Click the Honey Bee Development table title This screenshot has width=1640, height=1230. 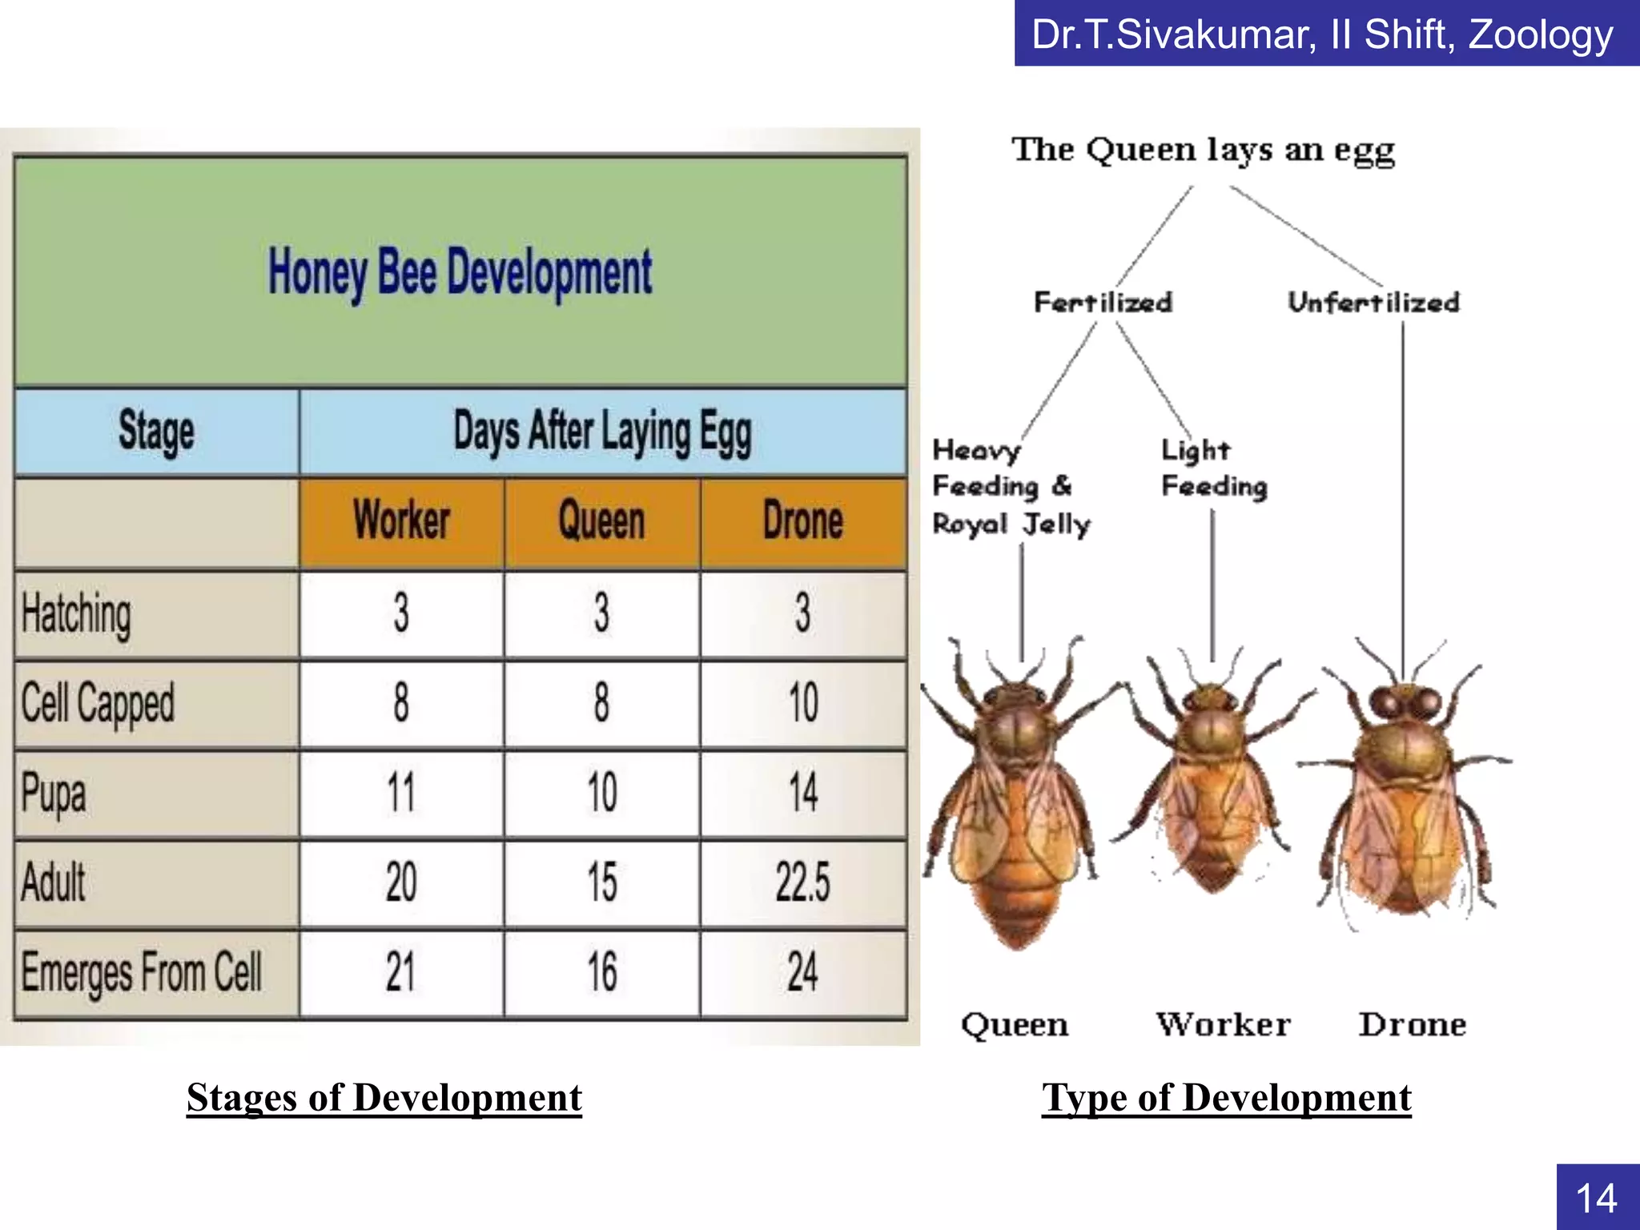point(460,272)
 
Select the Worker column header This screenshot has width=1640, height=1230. point(401,521)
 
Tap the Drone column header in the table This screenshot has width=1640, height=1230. point(802,521)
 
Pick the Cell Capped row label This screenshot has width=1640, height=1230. point(98,703)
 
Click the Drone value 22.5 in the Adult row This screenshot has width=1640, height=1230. point(802,882)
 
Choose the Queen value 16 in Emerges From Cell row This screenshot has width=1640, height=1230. point(602,972)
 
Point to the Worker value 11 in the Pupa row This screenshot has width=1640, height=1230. point(401,793)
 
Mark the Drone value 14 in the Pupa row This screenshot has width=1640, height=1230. point(802,793)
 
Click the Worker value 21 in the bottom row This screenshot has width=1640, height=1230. point(401,972)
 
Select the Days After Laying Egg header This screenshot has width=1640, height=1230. point(602,432)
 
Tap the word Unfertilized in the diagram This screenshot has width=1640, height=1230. point(1373,303)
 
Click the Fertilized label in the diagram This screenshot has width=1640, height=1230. point(1103,303)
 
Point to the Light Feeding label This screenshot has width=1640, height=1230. point(1213,468)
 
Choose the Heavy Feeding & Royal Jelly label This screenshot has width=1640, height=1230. point(1011,487)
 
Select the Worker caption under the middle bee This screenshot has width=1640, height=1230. point(1223,1024)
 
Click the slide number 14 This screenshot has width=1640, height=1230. point(1597,1198)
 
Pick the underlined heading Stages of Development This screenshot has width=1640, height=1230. point(384,1098)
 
